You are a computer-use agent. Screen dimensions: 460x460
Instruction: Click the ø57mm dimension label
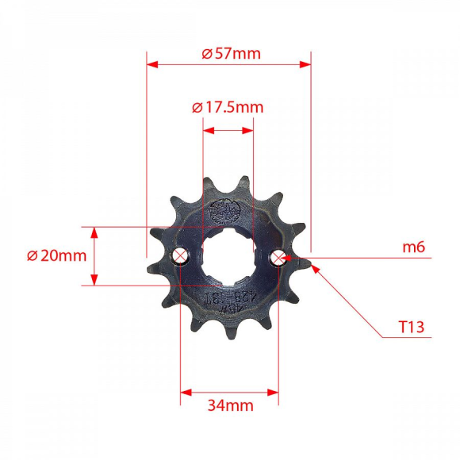click(231, 54)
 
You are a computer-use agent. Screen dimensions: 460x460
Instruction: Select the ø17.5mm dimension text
click(228, 107)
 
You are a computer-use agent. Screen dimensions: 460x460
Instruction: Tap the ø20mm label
click(56, 256)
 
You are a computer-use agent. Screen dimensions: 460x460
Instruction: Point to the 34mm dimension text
click(230, 406)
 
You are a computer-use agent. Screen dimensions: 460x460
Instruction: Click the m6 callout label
click(414, 247)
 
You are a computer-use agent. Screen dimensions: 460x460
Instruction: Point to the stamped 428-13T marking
click(228, 299)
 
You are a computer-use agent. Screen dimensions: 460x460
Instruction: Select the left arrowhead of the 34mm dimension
click(186, 392)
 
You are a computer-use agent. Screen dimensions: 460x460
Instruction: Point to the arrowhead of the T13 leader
click(317, 267)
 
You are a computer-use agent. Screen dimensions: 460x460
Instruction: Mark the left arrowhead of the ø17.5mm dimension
click(207, 128)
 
